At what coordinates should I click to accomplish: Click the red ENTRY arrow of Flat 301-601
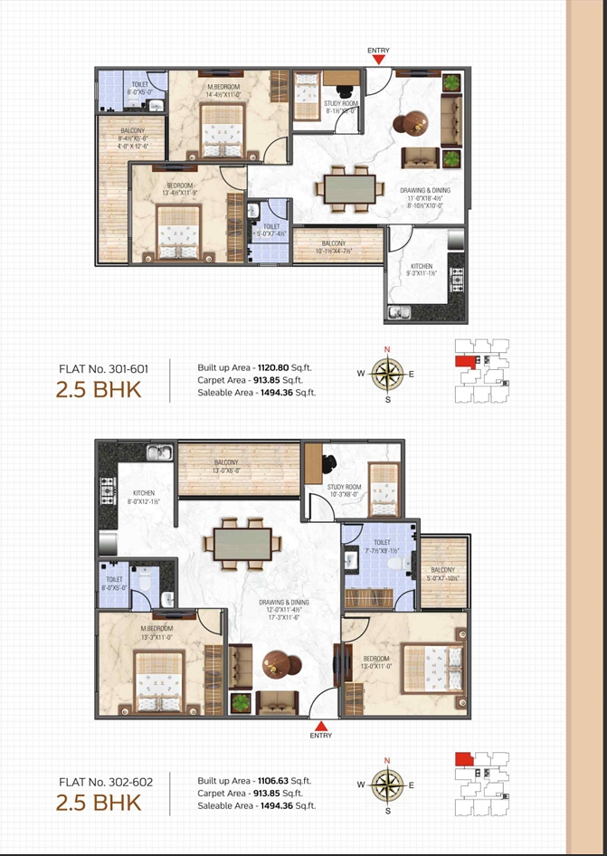tap(379, 59)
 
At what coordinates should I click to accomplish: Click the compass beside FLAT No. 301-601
tap(387, 373)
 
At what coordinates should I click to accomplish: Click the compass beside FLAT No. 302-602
tap(387, 785)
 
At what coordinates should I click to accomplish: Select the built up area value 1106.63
tap(272, 780)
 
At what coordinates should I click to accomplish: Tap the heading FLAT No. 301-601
tap(102, 369)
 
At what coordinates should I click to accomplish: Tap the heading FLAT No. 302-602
tap(102, 781)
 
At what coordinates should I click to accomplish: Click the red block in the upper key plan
tap(464, 361)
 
